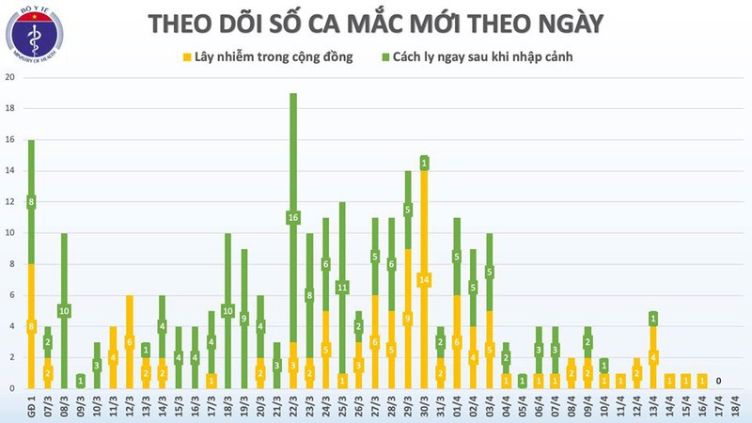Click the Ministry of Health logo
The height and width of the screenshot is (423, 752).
tap(34, 35)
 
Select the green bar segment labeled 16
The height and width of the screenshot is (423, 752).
tap(293, 218)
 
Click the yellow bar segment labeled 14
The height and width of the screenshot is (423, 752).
tap(424, 280)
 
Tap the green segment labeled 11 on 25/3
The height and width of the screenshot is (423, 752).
tap(342, 287)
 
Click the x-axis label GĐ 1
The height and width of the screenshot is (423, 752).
tap(30, 405)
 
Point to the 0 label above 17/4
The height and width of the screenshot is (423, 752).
tap(718, 381)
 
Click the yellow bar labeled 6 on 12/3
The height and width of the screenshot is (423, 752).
tap(130, 342)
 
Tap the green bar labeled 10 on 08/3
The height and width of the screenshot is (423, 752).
tap(64, 311)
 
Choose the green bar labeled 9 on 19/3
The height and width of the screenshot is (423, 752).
tap(244, 319)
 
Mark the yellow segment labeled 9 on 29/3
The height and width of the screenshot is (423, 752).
tap(408, 319)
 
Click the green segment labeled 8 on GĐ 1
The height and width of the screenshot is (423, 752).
tap(31, 202)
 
